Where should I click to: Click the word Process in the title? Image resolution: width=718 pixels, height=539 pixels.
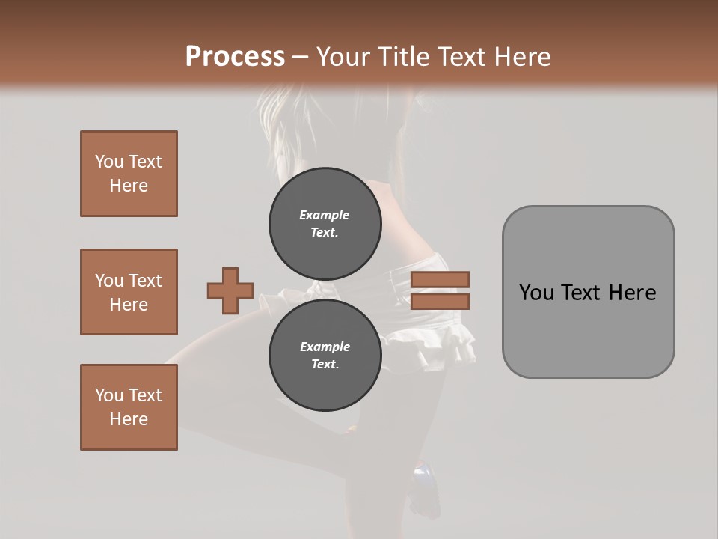235,57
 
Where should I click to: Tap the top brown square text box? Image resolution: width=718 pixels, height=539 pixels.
129,174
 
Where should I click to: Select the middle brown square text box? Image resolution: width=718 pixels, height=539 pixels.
129,292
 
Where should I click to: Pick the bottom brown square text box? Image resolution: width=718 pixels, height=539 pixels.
129,407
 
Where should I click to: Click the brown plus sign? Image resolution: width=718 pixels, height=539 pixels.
230,290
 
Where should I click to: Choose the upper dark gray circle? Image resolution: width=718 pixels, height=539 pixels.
325,224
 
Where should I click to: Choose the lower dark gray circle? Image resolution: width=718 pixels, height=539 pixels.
325,356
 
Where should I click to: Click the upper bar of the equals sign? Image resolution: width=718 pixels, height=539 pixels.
440,279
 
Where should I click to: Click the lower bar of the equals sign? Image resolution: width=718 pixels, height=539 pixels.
440,302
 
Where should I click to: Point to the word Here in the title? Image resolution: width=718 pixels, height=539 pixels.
521,57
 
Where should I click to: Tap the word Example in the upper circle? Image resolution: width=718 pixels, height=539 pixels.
325,215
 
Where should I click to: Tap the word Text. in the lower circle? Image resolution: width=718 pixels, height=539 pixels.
325,365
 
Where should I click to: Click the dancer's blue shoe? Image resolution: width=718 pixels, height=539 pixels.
424,476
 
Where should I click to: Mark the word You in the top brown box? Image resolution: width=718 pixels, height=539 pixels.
108,162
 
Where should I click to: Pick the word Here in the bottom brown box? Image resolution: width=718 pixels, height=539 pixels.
129,419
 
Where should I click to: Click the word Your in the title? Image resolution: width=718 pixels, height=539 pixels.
345,57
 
